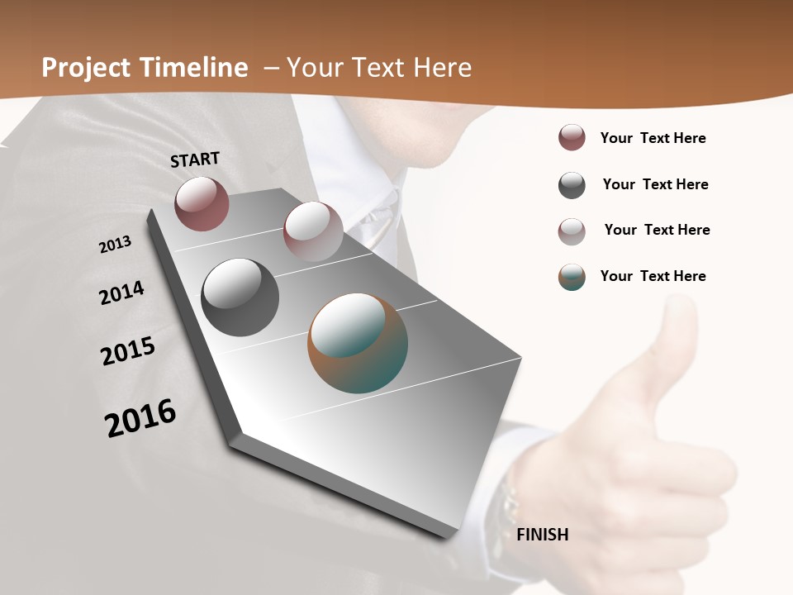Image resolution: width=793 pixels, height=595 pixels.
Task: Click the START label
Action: pos(195,159)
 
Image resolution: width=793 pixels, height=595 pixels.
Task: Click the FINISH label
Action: pos(543,534)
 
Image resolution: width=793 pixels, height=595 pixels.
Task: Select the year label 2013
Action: pos(115,245)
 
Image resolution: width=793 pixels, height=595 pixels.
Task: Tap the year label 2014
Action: pos(121,293)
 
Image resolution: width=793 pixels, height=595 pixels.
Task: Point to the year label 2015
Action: pos(128,350)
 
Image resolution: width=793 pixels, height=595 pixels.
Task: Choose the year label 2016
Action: pos(140,418)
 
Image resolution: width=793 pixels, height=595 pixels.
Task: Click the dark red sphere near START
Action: pos(202,203)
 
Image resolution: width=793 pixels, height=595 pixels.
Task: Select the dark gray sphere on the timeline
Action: pos(240,297)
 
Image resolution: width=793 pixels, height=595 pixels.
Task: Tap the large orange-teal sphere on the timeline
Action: pos(358,342)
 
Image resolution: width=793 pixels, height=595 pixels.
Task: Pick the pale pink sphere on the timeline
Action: pos(313,231)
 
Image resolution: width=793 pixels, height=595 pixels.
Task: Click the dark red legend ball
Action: pos(572,138)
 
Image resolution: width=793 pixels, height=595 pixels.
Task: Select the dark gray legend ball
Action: pos(572,185)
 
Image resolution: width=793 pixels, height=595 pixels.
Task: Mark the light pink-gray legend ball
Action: pos(572,231)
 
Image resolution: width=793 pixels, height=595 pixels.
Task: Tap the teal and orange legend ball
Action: pos(572,277)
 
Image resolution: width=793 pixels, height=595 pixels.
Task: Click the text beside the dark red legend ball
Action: pos(653,138)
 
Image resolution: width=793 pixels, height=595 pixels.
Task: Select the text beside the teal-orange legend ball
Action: pos(653,276)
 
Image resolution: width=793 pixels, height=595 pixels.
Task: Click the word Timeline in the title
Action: pos(194,68)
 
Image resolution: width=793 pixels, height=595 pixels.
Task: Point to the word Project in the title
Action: pos(87,68)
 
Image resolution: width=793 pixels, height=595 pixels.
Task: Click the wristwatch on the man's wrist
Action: pos(506,504)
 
